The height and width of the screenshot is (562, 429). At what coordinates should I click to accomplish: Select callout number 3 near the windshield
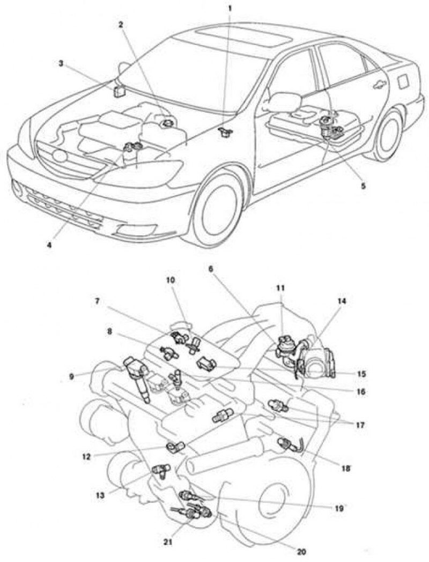(61, 63)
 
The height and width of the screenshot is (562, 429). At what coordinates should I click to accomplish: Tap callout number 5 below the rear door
(363, 186)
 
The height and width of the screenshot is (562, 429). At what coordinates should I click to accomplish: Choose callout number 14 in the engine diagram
(342, 301)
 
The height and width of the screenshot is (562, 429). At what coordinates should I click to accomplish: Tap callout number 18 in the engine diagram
(346, 468)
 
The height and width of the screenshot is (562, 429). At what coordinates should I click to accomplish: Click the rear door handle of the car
(380, 84)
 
